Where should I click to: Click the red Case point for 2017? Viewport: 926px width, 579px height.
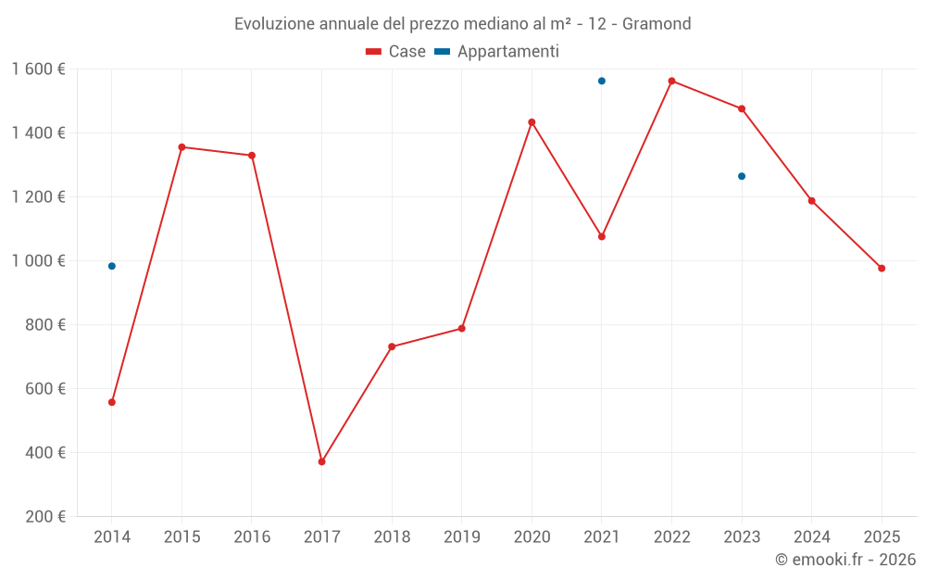tap(321, 461)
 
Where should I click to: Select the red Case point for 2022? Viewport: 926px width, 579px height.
tap(671, 81)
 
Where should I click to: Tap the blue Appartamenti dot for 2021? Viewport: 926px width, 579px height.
tap(602, 81)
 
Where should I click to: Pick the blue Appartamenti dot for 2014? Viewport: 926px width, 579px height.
tap(112, 266)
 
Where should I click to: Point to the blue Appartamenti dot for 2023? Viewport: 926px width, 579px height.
tap(742, 176)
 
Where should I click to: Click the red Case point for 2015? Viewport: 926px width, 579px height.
tap(181, 147)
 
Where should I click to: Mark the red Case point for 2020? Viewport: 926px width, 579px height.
tap(532, 122)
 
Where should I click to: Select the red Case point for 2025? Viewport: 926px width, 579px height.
tap(882, 269)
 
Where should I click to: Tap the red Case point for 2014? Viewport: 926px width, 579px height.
tap(112, 402)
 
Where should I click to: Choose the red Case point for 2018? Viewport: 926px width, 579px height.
tap(392, 346)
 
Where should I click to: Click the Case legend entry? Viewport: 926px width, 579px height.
tap(396, 52)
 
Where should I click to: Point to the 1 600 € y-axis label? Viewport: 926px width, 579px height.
tap(39, 69)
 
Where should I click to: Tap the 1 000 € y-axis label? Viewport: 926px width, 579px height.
tap(39, 261)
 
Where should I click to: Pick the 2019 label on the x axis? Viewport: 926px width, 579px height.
tap(461, 536)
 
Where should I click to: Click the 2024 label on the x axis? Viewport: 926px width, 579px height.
tap(811, 536)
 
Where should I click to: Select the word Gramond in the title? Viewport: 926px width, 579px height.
tap(657, 24)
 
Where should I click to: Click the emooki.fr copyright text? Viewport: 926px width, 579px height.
tap(845, 560)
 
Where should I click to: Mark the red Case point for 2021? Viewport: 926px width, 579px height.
tap(602, 236)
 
